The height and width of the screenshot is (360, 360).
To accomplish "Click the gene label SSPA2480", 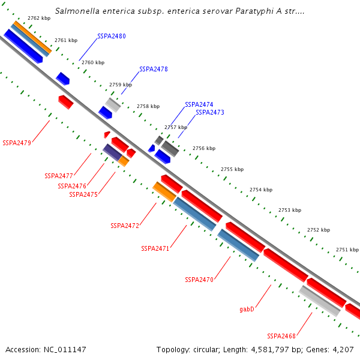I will point(112,37).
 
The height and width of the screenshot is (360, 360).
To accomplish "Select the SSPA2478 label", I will point(154,69).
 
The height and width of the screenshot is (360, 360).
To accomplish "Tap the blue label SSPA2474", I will point(199,104).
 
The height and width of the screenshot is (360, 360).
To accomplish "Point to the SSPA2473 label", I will point(210,112).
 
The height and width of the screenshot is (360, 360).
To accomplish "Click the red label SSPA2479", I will point(17,143).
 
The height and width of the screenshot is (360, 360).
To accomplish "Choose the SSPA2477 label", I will point(59,176).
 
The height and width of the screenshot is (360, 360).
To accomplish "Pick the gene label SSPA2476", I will point(72,186).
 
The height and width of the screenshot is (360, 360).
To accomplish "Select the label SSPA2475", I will point(83,194).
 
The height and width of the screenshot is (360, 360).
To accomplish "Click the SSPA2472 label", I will point(125,226).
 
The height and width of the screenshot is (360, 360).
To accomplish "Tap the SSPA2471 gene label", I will point(155,248).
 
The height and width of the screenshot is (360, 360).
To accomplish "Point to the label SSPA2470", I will point(199,280).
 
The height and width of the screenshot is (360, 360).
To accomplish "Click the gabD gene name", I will point(247,310).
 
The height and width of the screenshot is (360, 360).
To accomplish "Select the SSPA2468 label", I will point(281,336).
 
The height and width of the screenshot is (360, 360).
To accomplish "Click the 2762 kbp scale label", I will point(39,19).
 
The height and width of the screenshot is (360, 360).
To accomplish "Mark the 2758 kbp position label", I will point(148,106).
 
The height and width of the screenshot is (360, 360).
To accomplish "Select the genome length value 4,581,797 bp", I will point(260,349).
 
